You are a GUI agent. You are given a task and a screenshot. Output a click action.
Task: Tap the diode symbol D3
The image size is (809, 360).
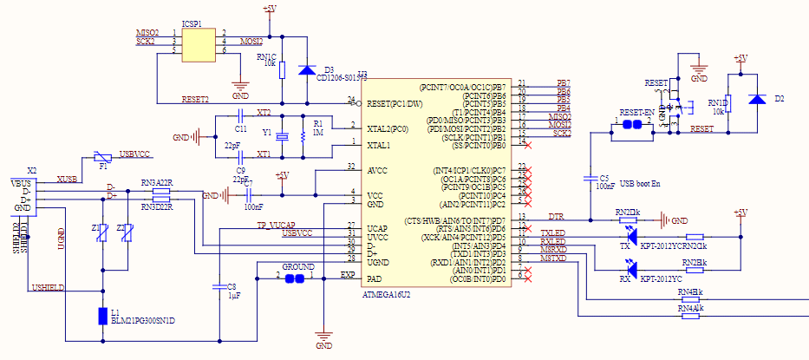[305, 69]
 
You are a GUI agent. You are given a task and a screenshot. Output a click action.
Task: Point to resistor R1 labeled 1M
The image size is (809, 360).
[303, 136]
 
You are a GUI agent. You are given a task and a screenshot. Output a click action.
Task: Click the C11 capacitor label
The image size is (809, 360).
[240, 128]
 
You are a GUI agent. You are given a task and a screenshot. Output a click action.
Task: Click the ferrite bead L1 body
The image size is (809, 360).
[104, 314]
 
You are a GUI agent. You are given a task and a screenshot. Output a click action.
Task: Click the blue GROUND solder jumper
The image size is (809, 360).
[294, 278]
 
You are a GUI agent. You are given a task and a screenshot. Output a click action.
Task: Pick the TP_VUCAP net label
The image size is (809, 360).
[276, 226]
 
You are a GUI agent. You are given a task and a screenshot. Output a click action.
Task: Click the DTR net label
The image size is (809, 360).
[556, 217]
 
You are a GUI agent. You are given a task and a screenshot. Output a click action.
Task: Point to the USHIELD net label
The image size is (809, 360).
[47, 287]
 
